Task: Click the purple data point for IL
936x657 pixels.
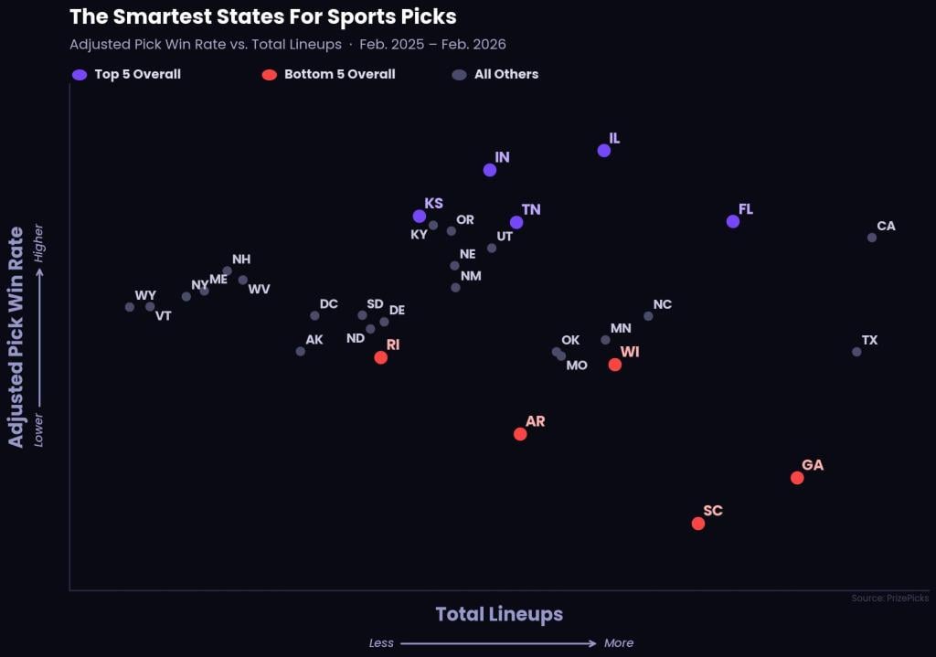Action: pyautogui.click(x=604, y=151)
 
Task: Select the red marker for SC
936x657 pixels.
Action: pyautogui.click(x=698, y=524)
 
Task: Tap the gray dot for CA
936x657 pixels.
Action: pyautogui.click(x=872, y=238)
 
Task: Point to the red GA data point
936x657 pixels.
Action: pyautogui.click(x=797, y=478)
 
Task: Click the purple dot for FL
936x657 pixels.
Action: pyautogui.click(x=733, y=221)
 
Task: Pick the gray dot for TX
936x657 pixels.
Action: pyautogui.click(x=856, y=352)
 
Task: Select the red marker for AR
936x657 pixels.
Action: pyautogui.click(x=520, y=434)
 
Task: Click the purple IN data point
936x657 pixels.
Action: pyautogui.click(x=490, y=170)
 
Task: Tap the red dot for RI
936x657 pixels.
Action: pyautogui.click(x=381, y=357)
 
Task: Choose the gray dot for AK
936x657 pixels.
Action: pyautogui.click(x=301, y=351)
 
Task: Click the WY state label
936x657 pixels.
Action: pyautogui.click(x=145, y=295)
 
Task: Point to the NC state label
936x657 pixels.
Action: pyautogui.click(x=663, y=304)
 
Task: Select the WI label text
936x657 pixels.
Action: pyautogui.click(x=630, y=352)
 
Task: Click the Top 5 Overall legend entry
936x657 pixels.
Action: pyautogui.click(x=137, y=74)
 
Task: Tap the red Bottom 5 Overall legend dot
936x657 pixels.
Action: pyautogui.click(x=269, y=75)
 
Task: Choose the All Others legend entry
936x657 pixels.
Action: pyautogui.click(x=505, y=74)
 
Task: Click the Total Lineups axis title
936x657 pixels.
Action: pyautogui.click(x=499, y=614)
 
